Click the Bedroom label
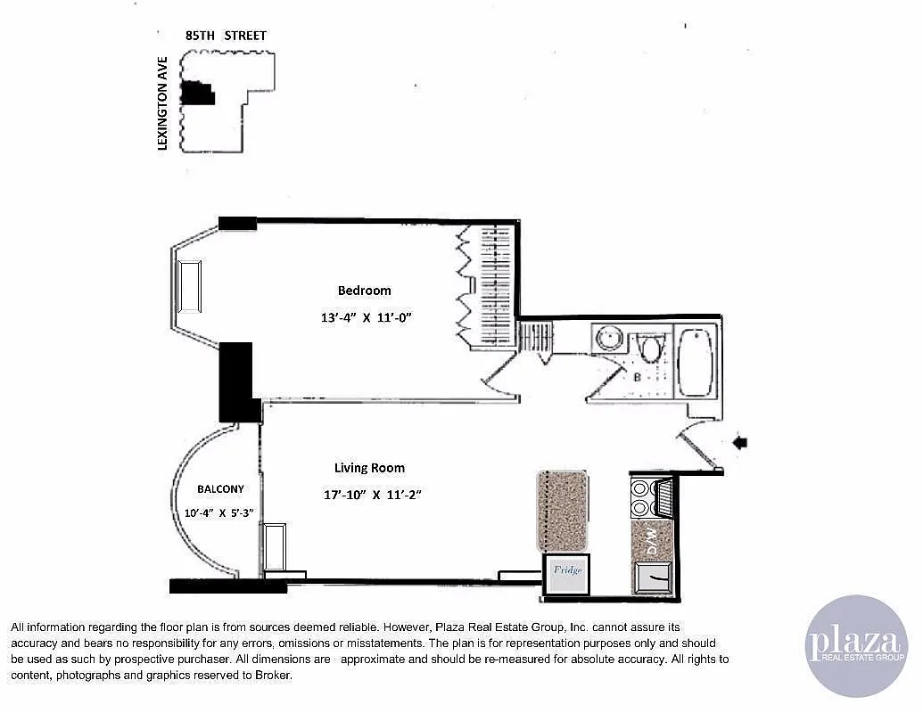pyautogui.click(x=364, y=291)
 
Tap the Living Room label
pyautogui.click(x=369, y=468)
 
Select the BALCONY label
pyautogui.click(x=220, y=489)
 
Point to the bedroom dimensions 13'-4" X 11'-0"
pyautogui.click(x=365, y=316)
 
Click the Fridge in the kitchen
pyautogui.click(x=568, y=570)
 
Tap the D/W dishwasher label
pyautogui.click(x=652, y=540)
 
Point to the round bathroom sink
pyautogui.click(x=610, y=340)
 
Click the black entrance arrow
pyautogui.click(x=740, y=442)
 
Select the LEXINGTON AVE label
pyautogui.click(x=163, y=111)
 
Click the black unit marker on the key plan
pyautogui.click(x=197, y=93)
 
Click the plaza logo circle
pyautogui.click(x=855, y=645)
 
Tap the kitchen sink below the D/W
pyautogui.click(x=654, y=578)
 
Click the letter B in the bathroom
pyautogui.click(x=637, y=378)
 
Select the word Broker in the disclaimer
pyautogui.click(x=273, y=676)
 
